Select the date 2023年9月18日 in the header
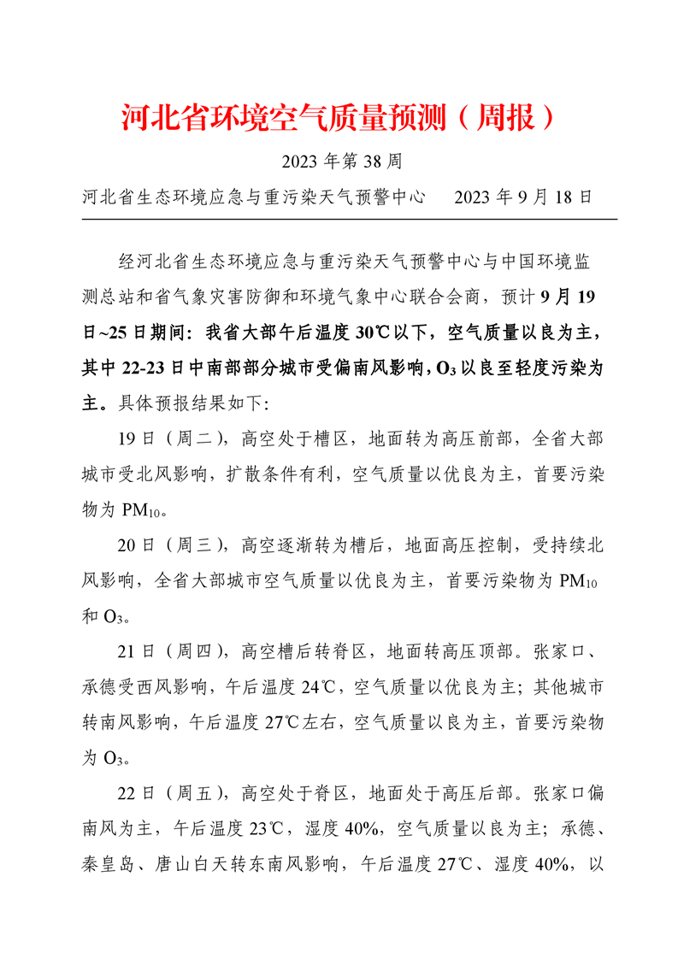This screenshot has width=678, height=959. (523, 197)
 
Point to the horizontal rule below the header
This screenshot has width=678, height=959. (349, 219)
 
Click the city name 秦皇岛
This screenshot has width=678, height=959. (107, 864)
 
